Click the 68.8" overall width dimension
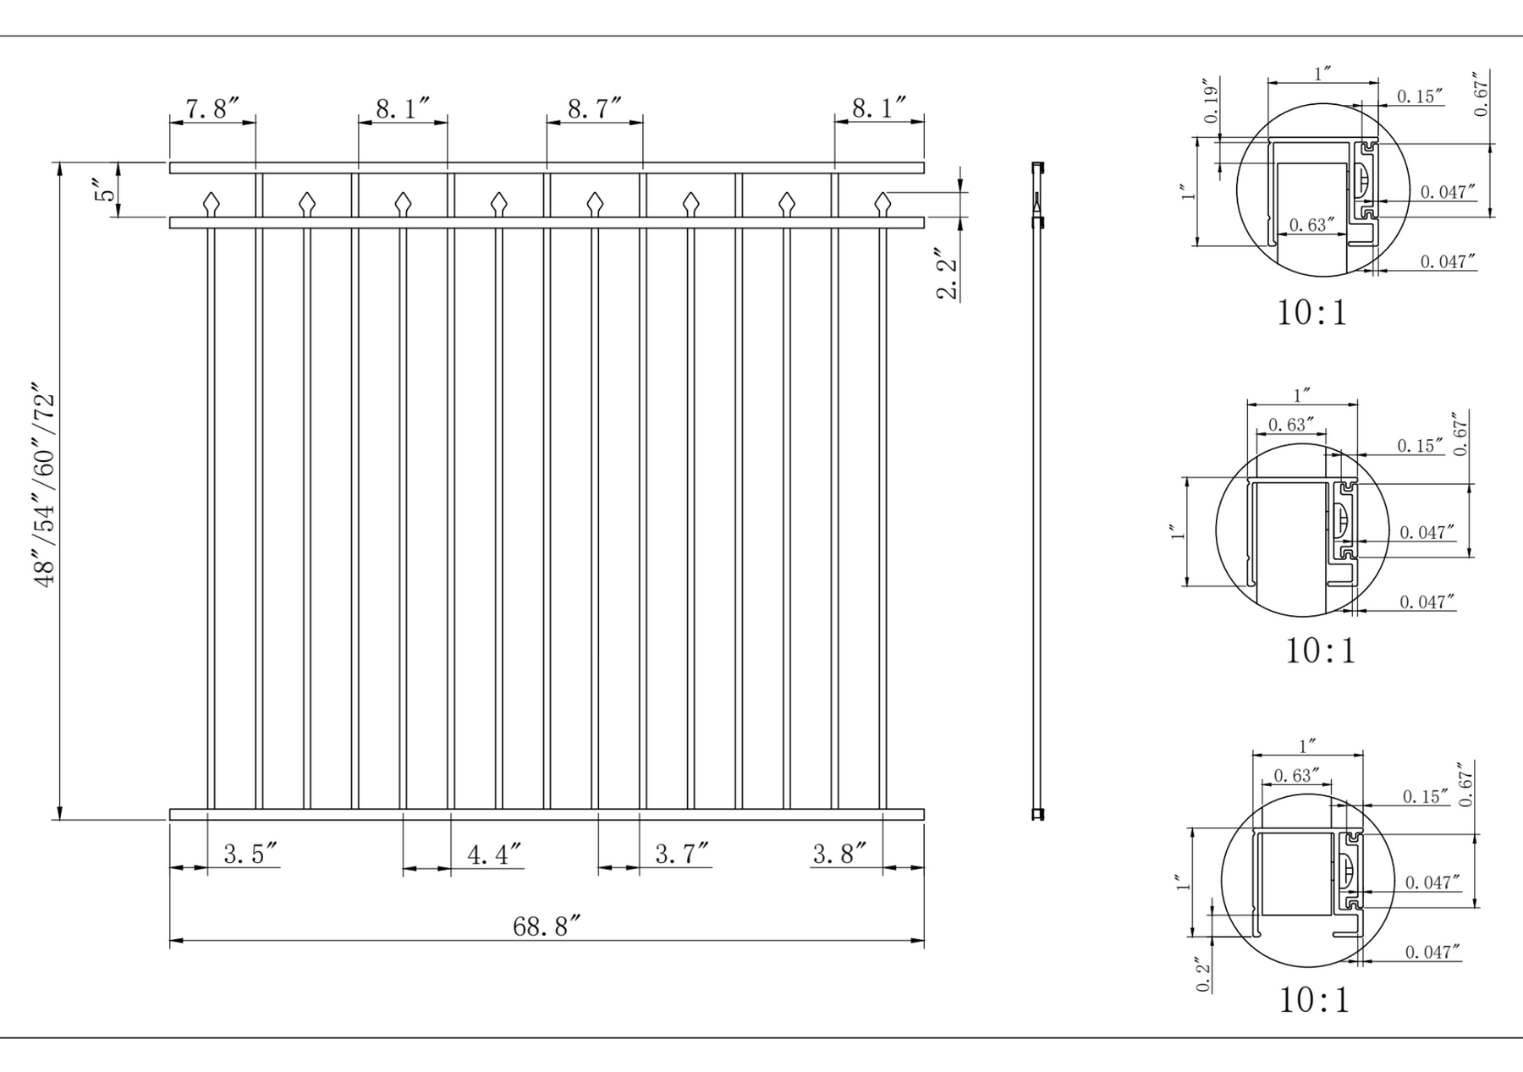547,926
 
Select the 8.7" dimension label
594,108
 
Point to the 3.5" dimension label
250,854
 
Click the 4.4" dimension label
494,854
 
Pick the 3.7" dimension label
682,854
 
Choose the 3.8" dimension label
839,854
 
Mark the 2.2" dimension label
947,273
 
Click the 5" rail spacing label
104,190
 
